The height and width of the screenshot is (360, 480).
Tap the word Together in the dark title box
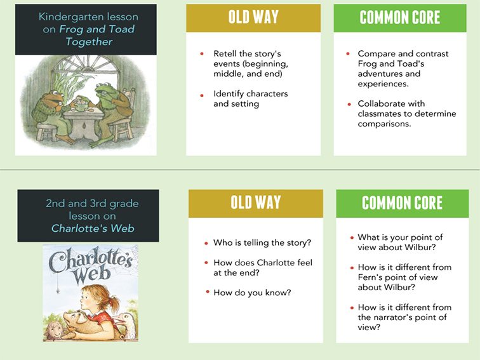(x=89, y=42)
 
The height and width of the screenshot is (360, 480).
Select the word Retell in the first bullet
(x=225, y=53)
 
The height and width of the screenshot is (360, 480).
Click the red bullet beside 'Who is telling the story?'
(x=206, y=243)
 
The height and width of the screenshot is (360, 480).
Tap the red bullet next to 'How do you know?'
(x=208, y=292)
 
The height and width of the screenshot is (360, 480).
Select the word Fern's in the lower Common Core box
(x=370, y=277)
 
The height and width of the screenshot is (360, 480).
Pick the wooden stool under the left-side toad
(x=46, y=131)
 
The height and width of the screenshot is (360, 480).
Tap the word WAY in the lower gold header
(x=268, y=203)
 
